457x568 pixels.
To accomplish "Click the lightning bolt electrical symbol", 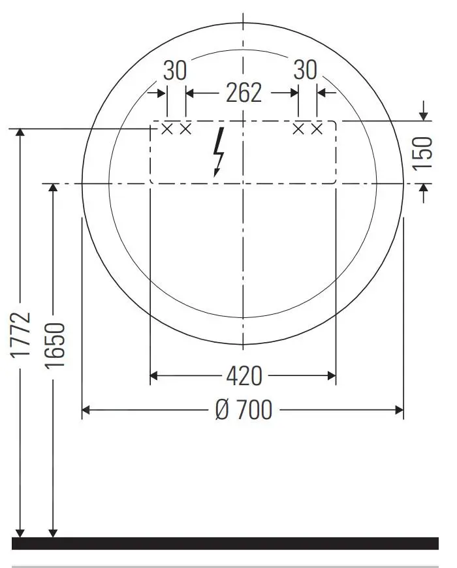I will tap(219, 151).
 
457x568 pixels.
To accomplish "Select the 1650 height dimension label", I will tap(54, 345).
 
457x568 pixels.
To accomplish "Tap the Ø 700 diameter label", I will tap(243, 410).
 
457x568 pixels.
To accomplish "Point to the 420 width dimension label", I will tap(244, 375).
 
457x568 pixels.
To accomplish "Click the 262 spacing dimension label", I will tap(244, 93).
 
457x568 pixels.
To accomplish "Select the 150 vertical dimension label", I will tap(424, 152).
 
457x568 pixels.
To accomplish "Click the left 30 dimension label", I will tap(175, 70).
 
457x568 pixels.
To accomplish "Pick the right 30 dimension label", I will tap(305, 70).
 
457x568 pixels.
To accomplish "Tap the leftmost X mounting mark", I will tap(166, 129).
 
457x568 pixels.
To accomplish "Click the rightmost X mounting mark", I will tap(317, 129).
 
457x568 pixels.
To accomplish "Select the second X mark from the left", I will tap(185, 129).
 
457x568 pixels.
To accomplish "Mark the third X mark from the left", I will tap(298, 129).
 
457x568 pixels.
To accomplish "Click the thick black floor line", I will tap(225, 543).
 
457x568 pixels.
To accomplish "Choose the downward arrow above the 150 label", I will tap(424, 114).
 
